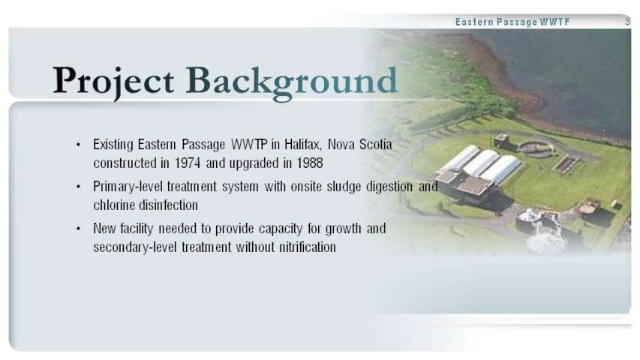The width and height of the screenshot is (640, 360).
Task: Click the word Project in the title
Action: [113, 82]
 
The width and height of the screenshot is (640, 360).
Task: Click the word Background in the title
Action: [291, 82]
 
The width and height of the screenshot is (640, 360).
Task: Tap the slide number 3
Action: [628, 21]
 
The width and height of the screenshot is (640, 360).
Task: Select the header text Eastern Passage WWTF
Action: [512, 22]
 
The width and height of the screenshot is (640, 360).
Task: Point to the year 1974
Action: [188, 163]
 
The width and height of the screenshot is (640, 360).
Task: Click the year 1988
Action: [309, 163]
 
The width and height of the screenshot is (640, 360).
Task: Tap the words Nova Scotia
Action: [360, 145]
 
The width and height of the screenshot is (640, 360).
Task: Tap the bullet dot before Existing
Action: [78, 145]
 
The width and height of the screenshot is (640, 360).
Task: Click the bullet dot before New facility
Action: [78, 229]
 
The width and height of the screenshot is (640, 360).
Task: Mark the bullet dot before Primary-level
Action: [78, 187]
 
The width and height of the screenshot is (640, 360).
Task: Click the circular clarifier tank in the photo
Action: [536, 148]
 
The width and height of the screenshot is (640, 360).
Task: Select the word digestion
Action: [389, 187]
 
